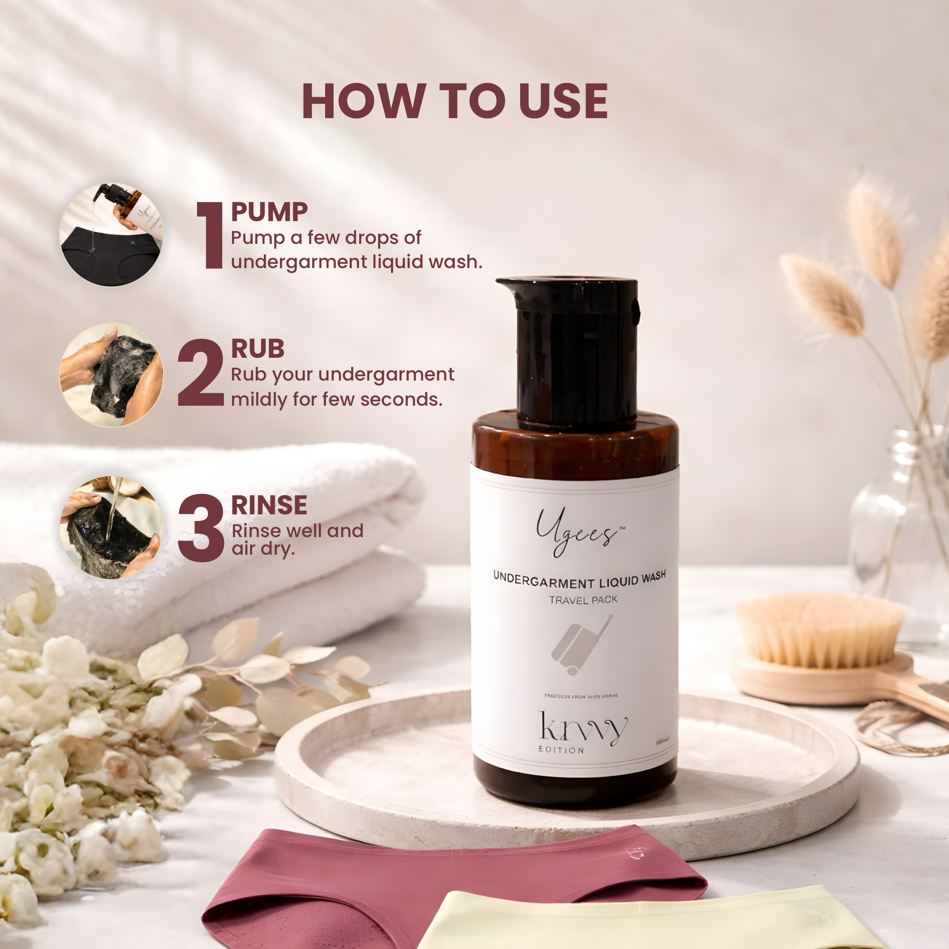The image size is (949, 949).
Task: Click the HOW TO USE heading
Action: [x=455, y=101]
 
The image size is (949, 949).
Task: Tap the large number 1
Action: [x=211, y=235]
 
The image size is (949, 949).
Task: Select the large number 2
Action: [x=200, y=373]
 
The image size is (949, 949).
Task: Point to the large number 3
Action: [x=201, y=528]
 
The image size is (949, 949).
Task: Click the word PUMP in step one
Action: [x=269, y=212]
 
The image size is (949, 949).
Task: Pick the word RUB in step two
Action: [x=257, y=349]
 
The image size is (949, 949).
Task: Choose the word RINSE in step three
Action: [x=269, y=505]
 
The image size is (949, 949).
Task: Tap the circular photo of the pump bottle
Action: [x=112, y=235]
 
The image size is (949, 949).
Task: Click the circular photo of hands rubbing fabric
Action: [x=112, y=375]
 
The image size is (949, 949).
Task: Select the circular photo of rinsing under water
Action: [x=112, y=528]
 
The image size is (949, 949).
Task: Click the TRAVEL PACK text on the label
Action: [x=583, y=600]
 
